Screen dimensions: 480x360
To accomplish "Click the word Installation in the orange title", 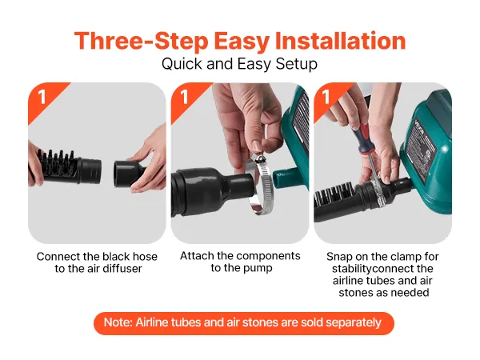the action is (x=340, y=41).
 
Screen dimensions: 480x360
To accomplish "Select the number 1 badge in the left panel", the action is (x=42, y=97).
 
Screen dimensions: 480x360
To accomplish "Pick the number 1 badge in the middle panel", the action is (x=184, y=97).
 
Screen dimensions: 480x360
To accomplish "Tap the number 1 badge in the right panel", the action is (x=326, y=97).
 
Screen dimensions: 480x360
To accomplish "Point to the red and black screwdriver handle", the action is (x=362, y=139).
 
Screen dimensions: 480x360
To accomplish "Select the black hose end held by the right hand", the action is (x=129, y=174).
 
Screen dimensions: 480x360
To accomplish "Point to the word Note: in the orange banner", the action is (x=118, y=322).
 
